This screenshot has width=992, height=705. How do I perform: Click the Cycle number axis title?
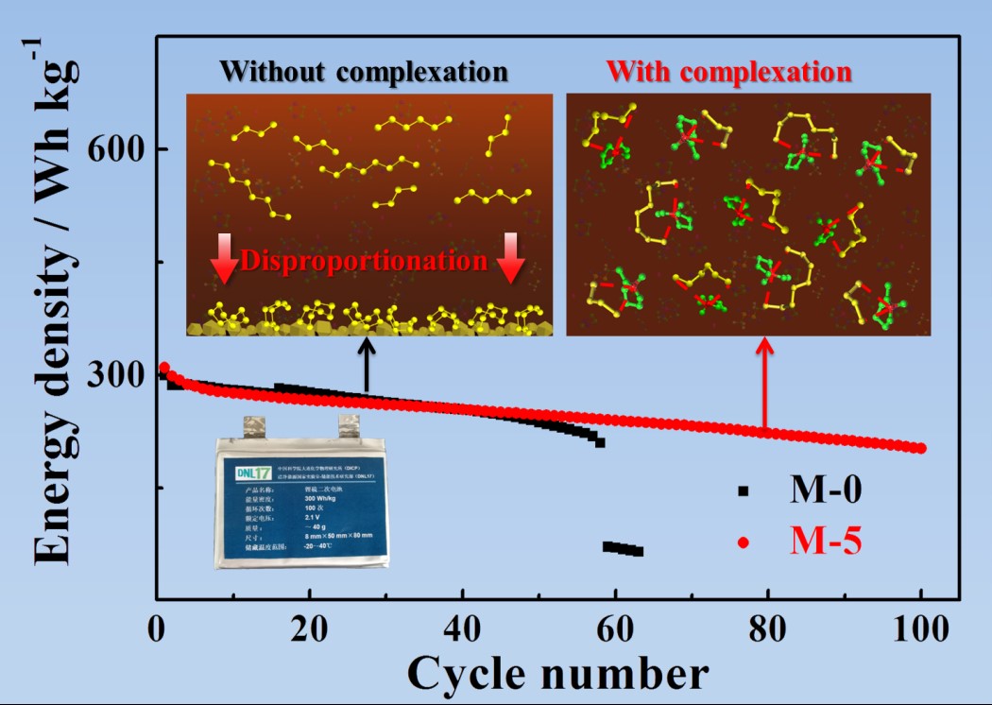tap(557, 673)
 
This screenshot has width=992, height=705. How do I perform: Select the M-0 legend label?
tap(825, 490)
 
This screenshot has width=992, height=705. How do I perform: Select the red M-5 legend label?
tap(825, 542)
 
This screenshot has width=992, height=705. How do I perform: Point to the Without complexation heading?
tap(365, 72)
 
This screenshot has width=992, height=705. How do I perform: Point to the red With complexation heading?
tap(729, 72)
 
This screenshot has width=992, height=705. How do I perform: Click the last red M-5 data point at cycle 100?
tap(921, 448)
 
